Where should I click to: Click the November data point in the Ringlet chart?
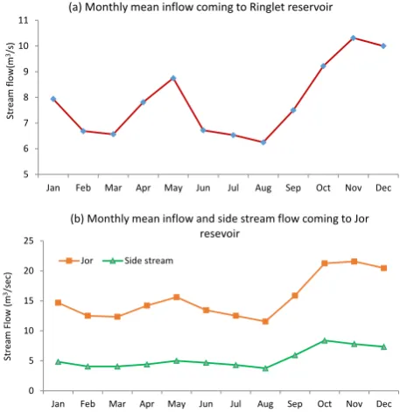click(353, 38)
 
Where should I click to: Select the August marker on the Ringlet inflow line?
click(263, 143)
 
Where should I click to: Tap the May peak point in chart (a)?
click(173, 78)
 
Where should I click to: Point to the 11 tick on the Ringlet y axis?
click(23, 20)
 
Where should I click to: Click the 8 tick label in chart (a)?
click(26, 97)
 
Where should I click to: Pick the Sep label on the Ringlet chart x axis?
click(293, 188)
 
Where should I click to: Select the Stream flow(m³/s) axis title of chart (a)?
click(11, 80)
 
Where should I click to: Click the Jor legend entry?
click(76, 261)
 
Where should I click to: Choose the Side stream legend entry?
click(137, 261)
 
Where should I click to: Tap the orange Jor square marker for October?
click(325, 263)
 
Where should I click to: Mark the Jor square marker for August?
click(265, 321)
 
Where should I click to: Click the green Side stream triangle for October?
click(325, 340)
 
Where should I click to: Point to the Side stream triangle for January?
click(58, 362)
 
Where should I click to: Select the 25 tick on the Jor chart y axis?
click(29, 241)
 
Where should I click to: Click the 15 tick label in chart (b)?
click(29, 301)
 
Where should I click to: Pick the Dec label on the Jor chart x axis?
click(383, 404)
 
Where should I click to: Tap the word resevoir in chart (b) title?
click(220, 234)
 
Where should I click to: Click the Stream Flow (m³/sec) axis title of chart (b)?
click(8, 317)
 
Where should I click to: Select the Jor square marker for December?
click(383, 268)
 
